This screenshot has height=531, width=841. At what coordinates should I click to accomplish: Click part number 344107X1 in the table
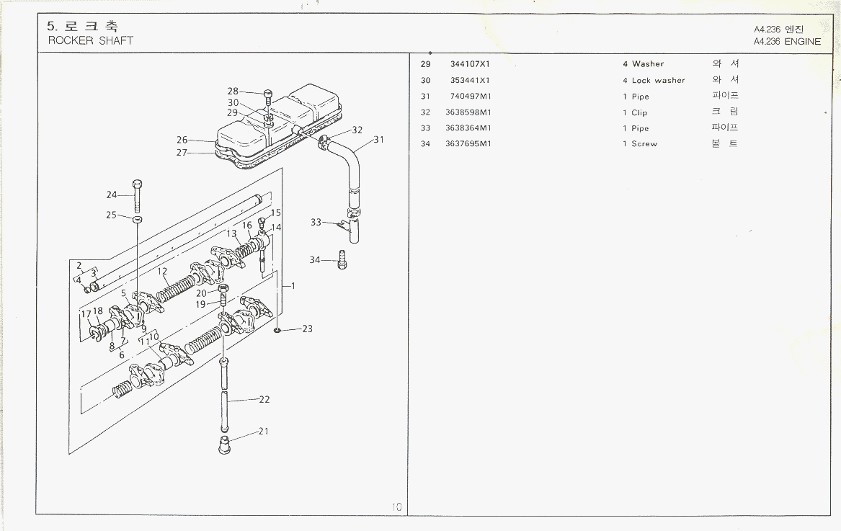470,64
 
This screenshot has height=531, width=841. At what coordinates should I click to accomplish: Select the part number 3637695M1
468,144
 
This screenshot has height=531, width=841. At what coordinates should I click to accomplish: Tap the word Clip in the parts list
639,113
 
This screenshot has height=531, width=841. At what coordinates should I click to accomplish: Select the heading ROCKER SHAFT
91,41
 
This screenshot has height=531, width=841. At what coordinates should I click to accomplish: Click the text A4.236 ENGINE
787,42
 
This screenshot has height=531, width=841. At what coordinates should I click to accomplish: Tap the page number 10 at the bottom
397,507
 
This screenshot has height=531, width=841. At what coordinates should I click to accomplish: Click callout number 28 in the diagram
233,92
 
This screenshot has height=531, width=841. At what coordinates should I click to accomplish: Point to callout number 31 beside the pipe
378,139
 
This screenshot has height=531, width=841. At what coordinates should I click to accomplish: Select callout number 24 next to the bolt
112,195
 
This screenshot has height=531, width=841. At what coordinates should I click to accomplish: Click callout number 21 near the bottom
264,432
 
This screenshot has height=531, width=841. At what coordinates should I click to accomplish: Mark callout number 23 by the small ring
308,329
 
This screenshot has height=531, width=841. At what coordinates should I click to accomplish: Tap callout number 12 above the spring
163,272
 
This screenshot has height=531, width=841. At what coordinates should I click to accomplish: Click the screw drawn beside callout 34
342,259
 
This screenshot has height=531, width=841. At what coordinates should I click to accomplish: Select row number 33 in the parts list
425,128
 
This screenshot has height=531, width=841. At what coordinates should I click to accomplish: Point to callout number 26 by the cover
182,140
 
